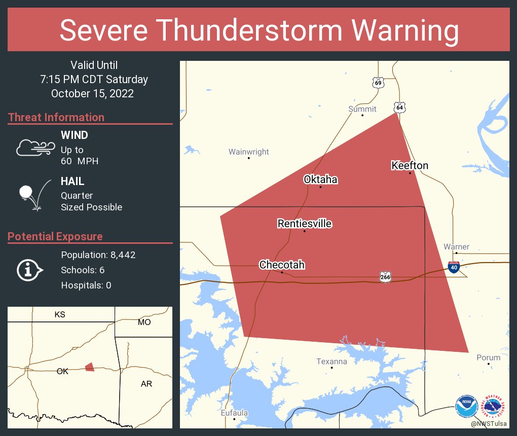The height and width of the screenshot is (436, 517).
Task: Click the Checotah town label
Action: pyautogui.click(x=282, y=265)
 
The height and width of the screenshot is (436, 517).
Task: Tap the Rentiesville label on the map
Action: pyautogui.click(x=304, y=224)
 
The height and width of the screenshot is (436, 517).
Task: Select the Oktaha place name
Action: pyautogui.click(x=320, y=179)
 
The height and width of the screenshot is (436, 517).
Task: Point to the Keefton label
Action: pyautogui.click(x=410, y=166)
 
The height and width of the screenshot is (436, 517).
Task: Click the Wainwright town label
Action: pyautogui.click(x=248, y=152)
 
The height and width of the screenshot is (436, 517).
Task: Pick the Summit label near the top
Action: pyautogui.click(x=362, y=109)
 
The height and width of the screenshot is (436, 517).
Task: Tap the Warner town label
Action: pyautogui.click(x=456, y=247)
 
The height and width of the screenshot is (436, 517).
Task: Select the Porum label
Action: pyautogui.click(x=488, y=357)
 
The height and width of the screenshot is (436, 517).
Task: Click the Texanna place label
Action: pyautogui.click(x=331, y=361)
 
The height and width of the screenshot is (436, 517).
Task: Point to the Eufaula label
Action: pyautogui.click(x=234, y=413)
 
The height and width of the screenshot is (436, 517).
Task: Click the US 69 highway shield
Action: pyautogui.click(x=378, y=83)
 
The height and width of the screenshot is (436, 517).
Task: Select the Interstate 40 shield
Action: pyautogui.click(x=454, y=267)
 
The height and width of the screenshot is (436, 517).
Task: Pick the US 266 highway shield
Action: pyautogui.click(x=385, y=276)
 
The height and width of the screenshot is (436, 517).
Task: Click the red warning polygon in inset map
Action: pyautogui.click(x=90, y=367)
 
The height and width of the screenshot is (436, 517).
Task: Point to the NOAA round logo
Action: pyautogui.click(x=466, y=407)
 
